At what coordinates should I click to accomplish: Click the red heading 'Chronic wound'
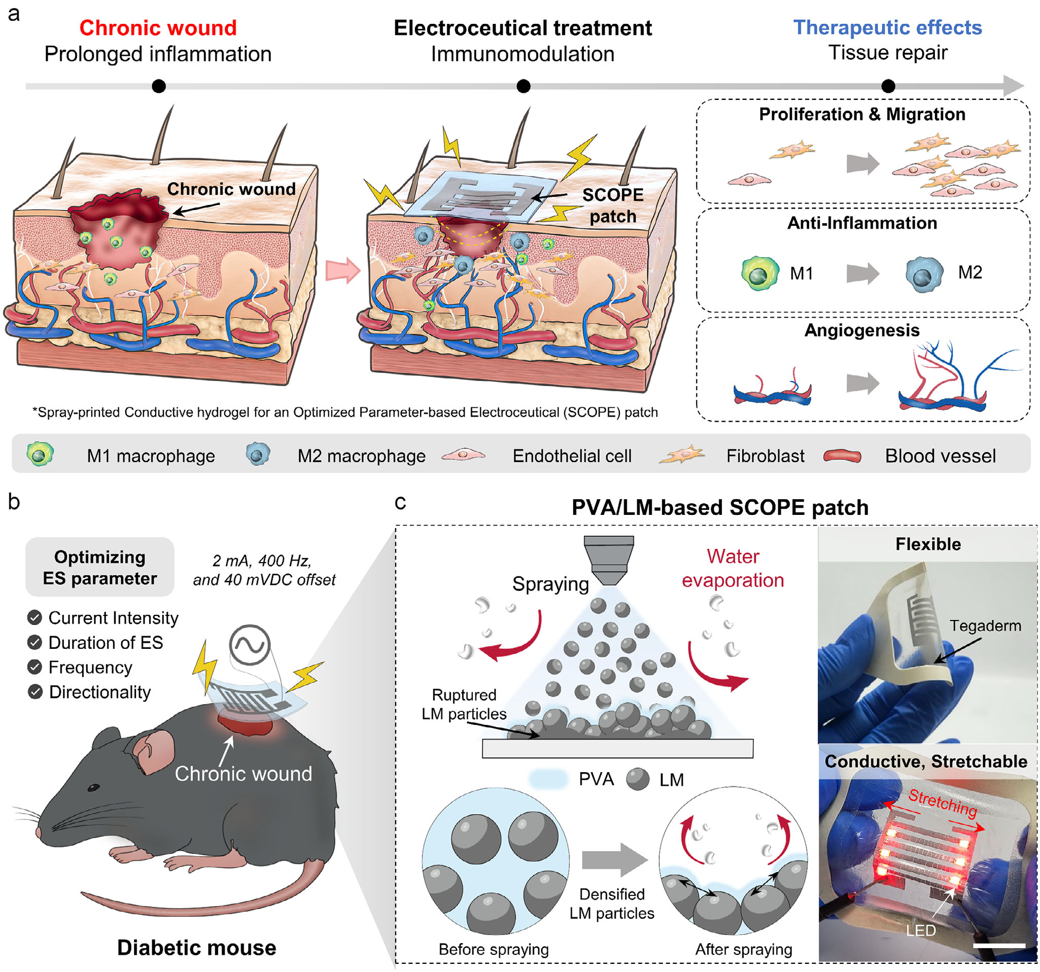click(158, 28)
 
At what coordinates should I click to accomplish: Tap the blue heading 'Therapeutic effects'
click(887, 27)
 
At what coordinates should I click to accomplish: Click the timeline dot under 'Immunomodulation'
click(523, 86)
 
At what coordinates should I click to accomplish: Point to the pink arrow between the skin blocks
click(343, 270)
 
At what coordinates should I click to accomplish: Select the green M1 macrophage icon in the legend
click(40, 454)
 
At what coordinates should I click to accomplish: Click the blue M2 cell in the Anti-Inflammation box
click(924, 273)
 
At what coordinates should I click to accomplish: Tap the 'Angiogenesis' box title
click(861, 330)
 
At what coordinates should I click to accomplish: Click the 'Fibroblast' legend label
click(766, 456)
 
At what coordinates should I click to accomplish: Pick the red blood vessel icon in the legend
click(842, 456)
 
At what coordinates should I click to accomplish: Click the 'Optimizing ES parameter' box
click(100, 567)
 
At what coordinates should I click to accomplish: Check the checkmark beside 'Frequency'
click(35, 667)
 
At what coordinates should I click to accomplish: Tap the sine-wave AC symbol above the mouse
click(250, 644)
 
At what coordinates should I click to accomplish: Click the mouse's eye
click(94, 787)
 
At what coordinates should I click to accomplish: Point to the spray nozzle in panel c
click(609, 560)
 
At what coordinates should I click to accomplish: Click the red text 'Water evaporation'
click(733, 568)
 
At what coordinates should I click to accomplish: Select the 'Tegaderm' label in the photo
click(985, 625)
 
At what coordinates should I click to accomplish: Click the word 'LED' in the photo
click(921, 931)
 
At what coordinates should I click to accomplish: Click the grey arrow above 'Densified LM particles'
click(615, 859)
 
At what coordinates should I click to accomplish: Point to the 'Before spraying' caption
click(493, 949)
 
